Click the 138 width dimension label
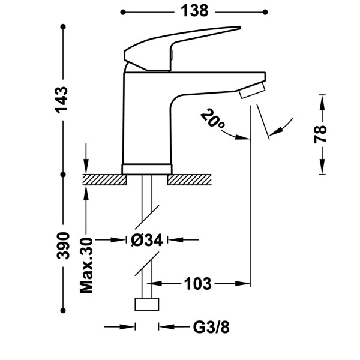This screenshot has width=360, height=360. coord(194,11)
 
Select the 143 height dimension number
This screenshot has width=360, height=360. coord(62,100)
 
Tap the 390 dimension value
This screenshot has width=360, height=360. coord(63,245)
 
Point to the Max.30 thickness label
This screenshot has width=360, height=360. coord(86,265)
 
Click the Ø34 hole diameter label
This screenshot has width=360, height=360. coord(147,241)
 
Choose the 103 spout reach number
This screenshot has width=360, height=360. coord(197,284)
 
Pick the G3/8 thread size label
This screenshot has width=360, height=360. coord(211,327)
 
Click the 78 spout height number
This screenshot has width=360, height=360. coord(320,134)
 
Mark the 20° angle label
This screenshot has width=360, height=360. coord(212,119)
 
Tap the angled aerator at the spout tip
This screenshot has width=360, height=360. coord(253,90)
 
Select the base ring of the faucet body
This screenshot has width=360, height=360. coord(147,169)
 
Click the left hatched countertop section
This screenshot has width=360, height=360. coord(104,179)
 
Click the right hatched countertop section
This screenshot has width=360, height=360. coord(189,179)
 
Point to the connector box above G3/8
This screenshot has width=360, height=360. coord(147,304)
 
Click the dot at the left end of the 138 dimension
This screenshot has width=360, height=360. coord(123,12)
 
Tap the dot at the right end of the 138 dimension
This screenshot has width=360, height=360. coord(265,12)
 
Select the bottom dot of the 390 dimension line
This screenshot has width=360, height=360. coord(63,311)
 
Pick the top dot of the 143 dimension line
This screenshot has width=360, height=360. coord(63,26)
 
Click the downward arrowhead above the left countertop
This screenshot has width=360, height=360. coord(86,166)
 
